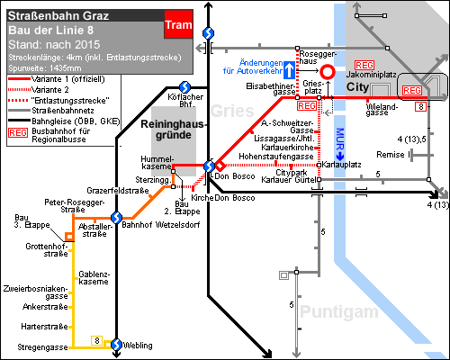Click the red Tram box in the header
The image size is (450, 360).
point(178,24)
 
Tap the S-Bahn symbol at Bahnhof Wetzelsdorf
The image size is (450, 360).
point(116,218)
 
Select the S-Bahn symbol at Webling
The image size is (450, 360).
point(116,345)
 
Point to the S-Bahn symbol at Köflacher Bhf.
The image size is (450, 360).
point(184,87)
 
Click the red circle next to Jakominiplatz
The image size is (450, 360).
point(328,72)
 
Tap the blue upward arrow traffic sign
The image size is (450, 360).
point(289,70)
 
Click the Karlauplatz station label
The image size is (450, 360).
point(341,165)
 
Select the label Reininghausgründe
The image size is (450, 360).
point(173,130)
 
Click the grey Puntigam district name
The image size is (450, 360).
point(339,311)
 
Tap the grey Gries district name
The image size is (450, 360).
point(232,111)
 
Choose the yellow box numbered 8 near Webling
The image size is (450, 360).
point(97,340)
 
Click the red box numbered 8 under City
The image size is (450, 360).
point(420,106)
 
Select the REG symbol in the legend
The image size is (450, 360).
point(18,132)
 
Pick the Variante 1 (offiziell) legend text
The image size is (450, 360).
point(68,79)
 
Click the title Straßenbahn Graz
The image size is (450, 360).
point(58,15)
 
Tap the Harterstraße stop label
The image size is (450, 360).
point(44,327)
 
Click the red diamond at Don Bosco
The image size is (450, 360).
point(220,166)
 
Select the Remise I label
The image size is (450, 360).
point(393,155)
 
